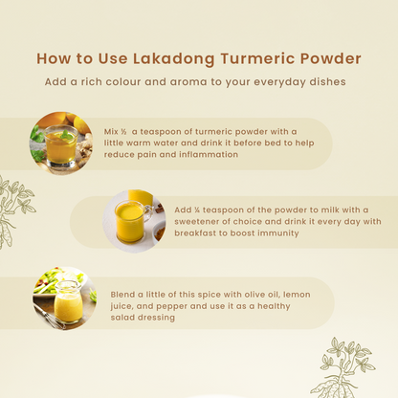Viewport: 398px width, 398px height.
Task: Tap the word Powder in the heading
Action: coord(330,58)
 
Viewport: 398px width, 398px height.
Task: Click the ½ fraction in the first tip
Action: coord(123,132)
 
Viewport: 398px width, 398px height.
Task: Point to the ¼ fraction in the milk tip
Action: coord(197,210)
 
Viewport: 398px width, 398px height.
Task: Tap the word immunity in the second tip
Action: coord(278,233)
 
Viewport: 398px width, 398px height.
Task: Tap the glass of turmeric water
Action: coord(61,145)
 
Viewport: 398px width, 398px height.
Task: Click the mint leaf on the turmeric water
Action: coord(67,135)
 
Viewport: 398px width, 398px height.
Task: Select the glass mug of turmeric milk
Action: coord(131,221)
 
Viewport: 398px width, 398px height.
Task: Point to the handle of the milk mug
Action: coord(148,213)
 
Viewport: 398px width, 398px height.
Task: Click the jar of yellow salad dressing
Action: coord(68,302)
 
